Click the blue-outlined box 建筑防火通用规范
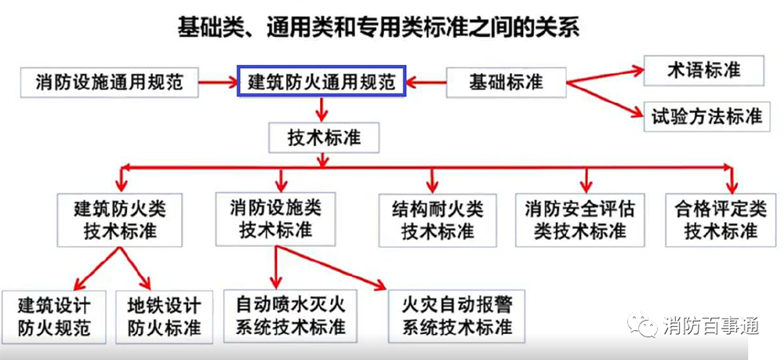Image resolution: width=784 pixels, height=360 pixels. (321, 81)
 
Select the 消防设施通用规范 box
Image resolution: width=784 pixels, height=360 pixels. (110, 82)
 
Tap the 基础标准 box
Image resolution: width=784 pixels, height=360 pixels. (506, 82)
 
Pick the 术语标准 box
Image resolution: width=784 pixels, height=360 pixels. (703, 71)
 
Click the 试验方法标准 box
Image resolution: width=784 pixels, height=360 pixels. (706, 117)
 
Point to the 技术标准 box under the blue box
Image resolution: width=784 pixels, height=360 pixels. (324, 137)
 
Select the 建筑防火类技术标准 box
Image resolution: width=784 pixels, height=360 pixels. (119, 220)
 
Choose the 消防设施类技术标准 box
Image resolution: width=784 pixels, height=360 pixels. (275, 219)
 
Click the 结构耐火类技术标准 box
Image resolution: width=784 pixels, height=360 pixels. (437, 220)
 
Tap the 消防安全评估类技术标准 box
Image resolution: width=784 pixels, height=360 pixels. (580, 220)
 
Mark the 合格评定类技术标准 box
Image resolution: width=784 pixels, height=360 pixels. (720, 220)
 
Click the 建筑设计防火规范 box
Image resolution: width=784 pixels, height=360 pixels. (54, 317)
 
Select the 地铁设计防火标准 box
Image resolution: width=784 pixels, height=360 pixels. (164, 317)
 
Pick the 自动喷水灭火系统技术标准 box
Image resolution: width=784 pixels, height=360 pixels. (290, 316)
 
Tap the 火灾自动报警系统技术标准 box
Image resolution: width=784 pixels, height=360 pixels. (457, 316)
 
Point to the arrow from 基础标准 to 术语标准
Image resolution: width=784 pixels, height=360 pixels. (604, 77)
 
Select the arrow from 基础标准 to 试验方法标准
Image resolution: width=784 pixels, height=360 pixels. (604, 100)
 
